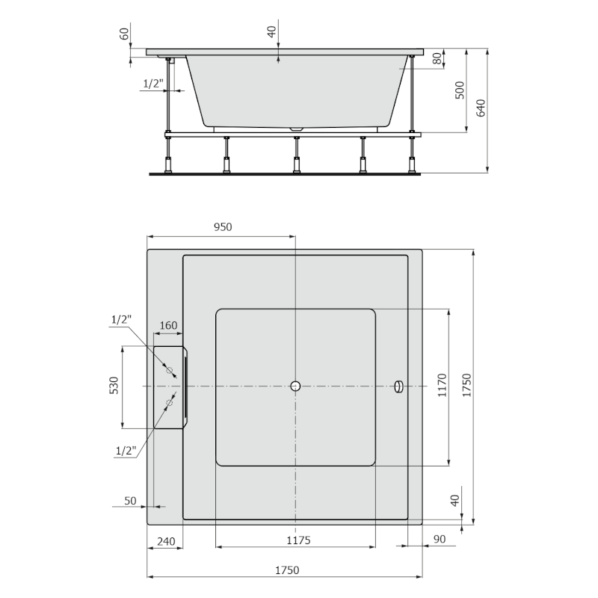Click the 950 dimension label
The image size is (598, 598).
(223, 227)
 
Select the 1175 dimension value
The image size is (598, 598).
(298, 540)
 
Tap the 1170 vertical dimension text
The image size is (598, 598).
(442, 386)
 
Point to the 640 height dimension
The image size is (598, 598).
(481, 108)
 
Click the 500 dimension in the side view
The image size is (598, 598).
(460, 90)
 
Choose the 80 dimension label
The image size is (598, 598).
(438, 58)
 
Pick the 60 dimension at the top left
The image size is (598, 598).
(124, 34)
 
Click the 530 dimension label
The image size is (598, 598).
(114, 386)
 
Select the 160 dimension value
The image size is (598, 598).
(169, 325)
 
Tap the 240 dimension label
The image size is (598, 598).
(166, 541)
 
